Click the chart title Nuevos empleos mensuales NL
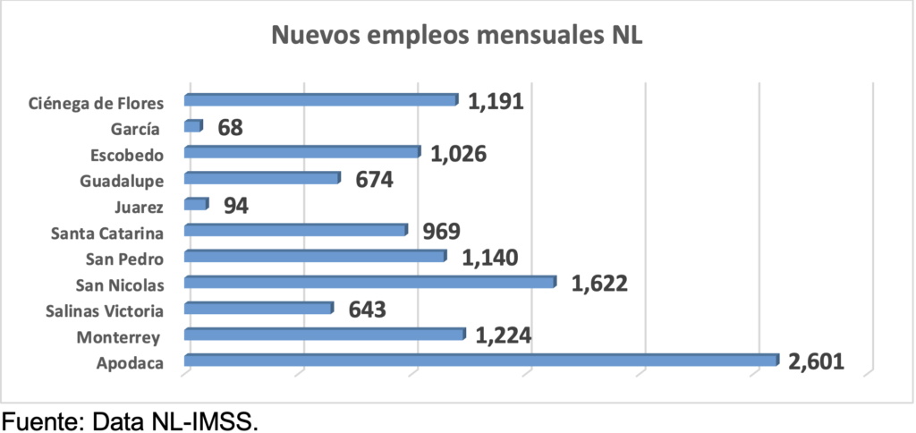(457, 37)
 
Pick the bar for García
(192, 126)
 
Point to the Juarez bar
(195, 204)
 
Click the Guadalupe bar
(261, 178)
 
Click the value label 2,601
(817, 361)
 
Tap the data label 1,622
(599, 284)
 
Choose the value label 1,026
(458, 153)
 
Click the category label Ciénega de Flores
(95, 102)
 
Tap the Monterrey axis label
(118, 337)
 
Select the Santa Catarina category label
(107, 233)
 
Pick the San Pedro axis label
(123, 259)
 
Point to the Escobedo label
(127, 154)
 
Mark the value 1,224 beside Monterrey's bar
(504, 335)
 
